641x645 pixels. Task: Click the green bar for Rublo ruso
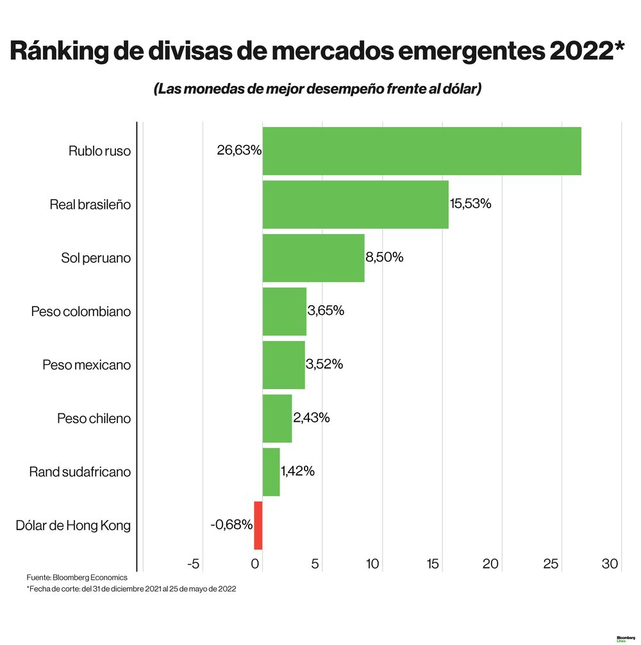tap(421, 151)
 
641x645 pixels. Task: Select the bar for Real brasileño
tap(355, 205)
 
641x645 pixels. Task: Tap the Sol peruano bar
tap(313, 258)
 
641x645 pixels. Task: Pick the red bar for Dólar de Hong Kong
tap(258, 526)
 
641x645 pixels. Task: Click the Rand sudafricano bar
tap(271, 472)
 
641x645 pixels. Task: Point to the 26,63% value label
tap(239, 151)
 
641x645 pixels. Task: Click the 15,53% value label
tap(470, 204)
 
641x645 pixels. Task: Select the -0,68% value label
tap(231, 525)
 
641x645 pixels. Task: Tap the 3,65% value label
tap(326, 311)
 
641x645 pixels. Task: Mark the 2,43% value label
tap(312, 418)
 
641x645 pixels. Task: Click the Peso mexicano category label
tap(87, 365)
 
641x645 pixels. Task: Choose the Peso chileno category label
tap(94, 419)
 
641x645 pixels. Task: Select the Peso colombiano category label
tap(81, 312)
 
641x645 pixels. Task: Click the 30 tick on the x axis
tap(610, 564)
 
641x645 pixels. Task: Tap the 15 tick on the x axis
tap(433, 564)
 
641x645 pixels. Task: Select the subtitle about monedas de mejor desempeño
tap(317, 90)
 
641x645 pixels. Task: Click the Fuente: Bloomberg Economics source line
tap(77, 578)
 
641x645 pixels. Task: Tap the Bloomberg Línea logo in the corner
tap(625, 639)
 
